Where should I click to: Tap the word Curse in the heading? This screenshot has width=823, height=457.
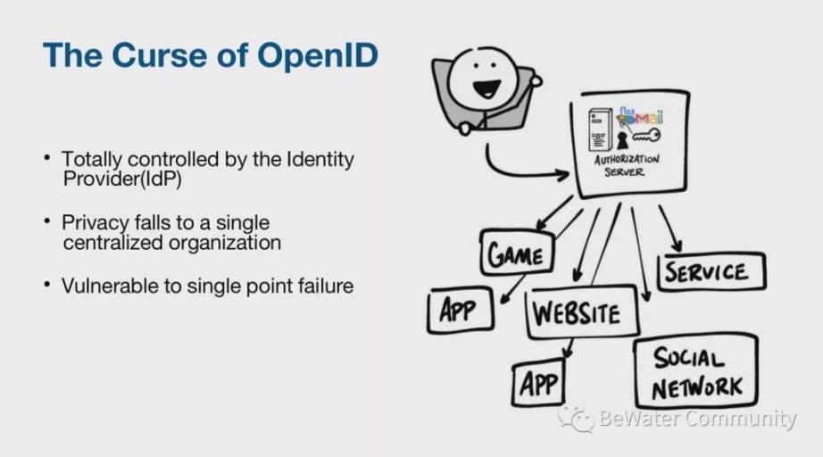click(x=160, y=54)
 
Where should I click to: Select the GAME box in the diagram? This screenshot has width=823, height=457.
click(x=517, y=253)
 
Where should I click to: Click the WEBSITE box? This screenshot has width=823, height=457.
click(x=582, y=312)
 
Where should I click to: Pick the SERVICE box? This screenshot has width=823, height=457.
click(x=711, y=271)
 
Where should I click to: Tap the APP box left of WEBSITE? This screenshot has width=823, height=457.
click(x=461, y=311)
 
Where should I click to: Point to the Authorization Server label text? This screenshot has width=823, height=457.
click(x=626, y=165)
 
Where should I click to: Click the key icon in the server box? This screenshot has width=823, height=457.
click(x=645, y=136)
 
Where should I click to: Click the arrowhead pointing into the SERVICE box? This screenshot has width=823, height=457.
click(x=678, y=245)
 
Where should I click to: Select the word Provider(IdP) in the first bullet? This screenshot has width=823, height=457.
click(x=121, y=179)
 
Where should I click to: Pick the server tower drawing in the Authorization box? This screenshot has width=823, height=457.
click(x=600, y=129)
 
